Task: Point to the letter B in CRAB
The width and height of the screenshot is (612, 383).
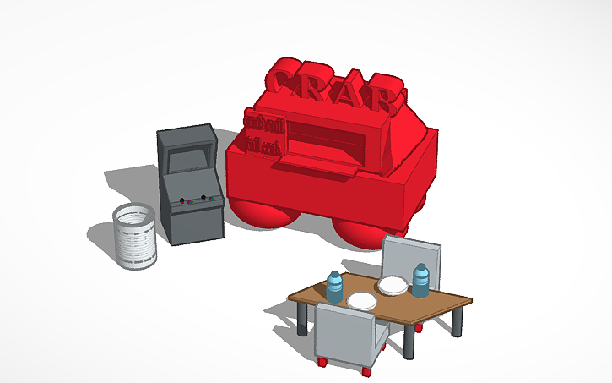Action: (386, 96)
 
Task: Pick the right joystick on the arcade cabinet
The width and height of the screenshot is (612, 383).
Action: (204, 198)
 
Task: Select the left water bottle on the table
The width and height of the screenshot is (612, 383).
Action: (335, 287)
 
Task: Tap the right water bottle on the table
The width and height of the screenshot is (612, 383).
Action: (420, 281)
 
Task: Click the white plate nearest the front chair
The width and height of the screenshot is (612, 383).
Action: (362, 301)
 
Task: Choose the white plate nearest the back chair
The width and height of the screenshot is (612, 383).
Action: (392, 286)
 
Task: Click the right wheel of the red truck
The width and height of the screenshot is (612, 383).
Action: (358, 233)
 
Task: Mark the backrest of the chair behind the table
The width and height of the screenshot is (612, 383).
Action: (411, 256)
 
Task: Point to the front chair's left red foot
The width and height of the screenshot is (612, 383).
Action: (322, 363)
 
